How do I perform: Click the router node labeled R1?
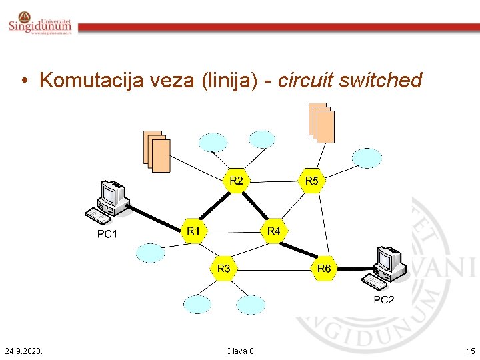coord(193,231)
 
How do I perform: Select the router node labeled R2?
coord(236,181)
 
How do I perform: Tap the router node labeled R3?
coord(224,269)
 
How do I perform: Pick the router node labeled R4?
coord(273,231)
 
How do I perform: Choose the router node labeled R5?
coord(311,181)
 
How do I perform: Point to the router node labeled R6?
coord(324,269)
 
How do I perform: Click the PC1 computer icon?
coord(107,203)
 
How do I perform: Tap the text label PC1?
coord(107,234)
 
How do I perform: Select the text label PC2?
coord(383,300)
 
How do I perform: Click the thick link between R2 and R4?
coord(255,206)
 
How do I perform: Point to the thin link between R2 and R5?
coord(273,181)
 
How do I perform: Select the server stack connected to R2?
coord(157,151)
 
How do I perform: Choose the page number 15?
coord(471,351)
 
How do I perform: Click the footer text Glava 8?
coord(240,351)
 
